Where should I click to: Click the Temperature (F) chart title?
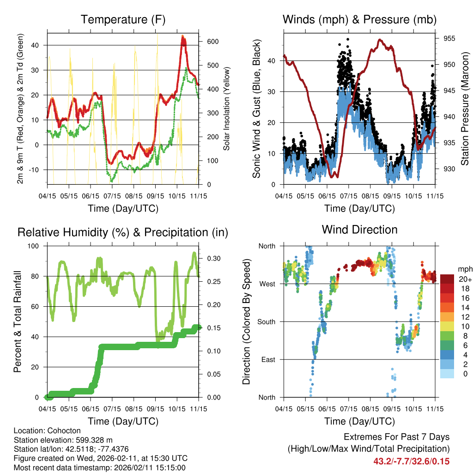click(123, 20)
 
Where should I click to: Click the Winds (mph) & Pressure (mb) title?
click(359, 20)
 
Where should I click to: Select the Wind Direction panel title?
click(359, 230)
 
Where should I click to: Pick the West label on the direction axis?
click(267, 284)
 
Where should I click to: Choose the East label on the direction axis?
click(267, 359)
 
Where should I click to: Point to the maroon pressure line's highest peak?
click(380, 40)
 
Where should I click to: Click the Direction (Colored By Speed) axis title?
click(247, 321)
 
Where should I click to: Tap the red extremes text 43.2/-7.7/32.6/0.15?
click(412, 461)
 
